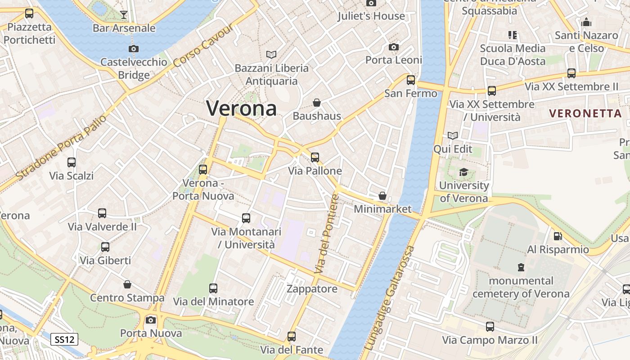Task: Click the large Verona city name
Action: (x=241, y=108)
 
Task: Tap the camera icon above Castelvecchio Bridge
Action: (x=133, y=49)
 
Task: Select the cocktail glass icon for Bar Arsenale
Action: (x=124, y=15)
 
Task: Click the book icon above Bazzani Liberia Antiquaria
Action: (x=271, y=54)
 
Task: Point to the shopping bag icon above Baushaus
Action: (x=317, y=103)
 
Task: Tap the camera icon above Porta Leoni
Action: (x=394, y=47)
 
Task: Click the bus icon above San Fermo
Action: (x=411, y=80)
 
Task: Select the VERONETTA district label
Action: (x=585, y=113)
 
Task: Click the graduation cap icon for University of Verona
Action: (x=463, y=172)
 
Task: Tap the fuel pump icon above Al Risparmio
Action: (x=558, y=236)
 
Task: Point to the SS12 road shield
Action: (x=64, y=339)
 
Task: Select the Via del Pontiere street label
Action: (x=326, y=234)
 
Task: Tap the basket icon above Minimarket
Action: (x=382, y=196)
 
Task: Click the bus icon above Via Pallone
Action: (x=315, y=157)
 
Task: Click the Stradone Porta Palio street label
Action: (x=61, y=147)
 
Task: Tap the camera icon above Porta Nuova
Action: (x=151, y=320)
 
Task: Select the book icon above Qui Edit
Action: (x=453, y=135)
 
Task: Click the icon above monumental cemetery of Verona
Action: (x=521, y=267)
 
